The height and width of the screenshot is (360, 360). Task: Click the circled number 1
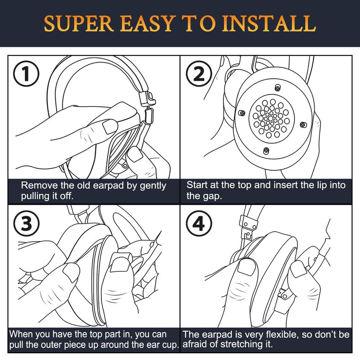(x=26, y=74)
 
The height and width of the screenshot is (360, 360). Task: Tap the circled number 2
(x=199, y=74)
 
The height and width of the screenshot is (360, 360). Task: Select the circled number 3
(x=26, y=224)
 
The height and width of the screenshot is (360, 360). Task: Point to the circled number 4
(x=199, y=224)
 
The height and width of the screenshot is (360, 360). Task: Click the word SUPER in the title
(x=79, y=24)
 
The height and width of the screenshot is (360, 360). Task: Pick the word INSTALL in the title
(x=269, y=24)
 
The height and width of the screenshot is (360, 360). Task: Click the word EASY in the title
(x=147, y=24)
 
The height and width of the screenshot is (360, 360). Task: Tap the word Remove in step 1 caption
(x=40, y=185)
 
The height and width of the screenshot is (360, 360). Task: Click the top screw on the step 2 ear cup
(x=278, y=87)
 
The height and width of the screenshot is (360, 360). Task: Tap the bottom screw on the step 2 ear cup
(x=266, y=150)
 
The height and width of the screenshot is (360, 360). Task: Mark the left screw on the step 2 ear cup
(x=242, y=113)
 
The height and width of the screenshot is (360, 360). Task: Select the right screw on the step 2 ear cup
(x=303, y=125)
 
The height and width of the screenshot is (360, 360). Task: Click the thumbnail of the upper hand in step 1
(x=110, y=126)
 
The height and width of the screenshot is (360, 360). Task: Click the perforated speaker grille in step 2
(x=271, y=118)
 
